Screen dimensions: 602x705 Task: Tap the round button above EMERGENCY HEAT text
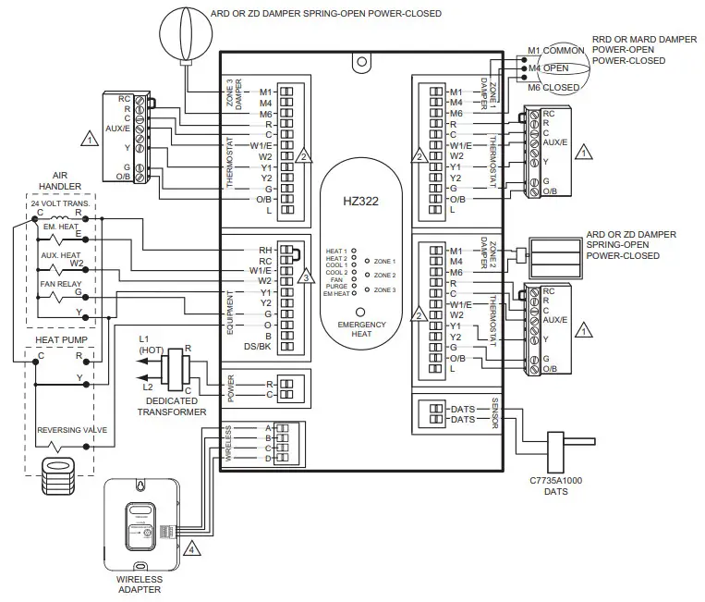click(x=361, y=312)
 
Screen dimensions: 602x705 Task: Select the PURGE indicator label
click(x=336, y=286)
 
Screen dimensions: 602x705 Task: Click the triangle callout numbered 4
click(x=190, y=548)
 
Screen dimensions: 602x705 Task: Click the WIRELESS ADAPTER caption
click(x=140, y=584)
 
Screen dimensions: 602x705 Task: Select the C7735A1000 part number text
click(x=555, y=480)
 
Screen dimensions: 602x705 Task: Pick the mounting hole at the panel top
click(x=361, y=64)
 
